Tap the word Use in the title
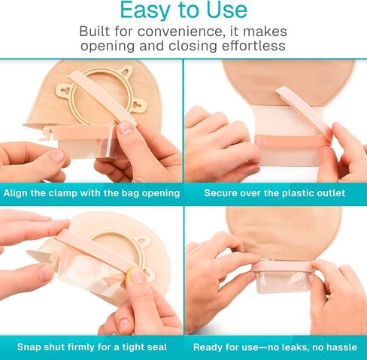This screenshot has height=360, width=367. [x=223, y=11]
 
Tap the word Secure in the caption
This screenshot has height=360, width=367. [x=223, y=193]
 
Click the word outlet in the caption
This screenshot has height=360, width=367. [x=328, y=193]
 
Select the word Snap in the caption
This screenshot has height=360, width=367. [x=30, y=346]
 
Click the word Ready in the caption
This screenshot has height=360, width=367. [x=209, y=346]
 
